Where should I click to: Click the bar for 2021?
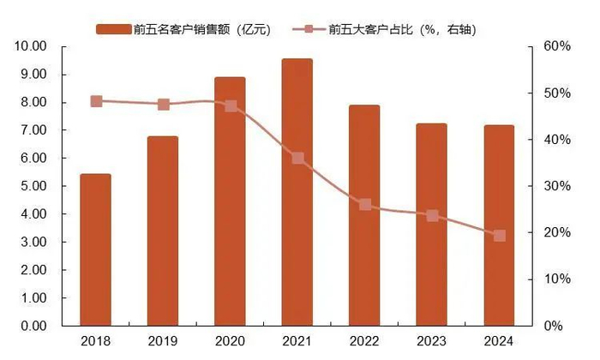coord(297,193)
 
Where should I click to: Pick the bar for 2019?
coord(163,231)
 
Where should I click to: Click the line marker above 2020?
coord(231,106)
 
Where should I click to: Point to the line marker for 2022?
coord(365,205)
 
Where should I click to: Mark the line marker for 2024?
coord(499,235)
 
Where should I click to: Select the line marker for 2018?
coord(96,101)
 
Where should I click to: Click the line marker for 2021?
coord(297,158)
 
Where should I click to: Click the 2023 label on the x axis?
coord(432,342)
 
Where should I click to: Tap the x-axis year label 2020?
coord(231,342)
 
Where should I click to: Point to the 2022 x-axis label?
coord(365,342)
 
